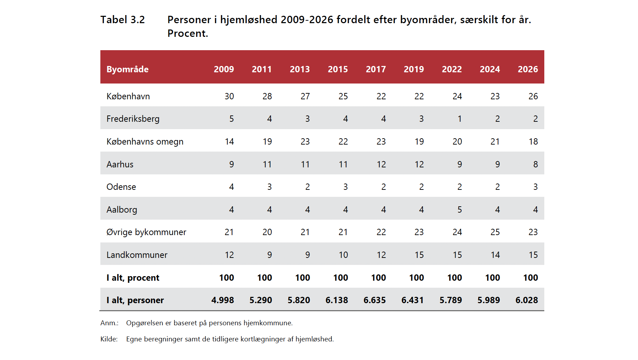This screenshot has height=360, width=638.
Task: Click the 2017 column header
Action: tap(376, 69)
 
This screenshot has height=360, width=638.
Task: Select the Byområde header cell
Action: tap(127, 69)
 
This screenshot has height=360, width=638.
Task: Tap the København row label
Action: tap(128, 96)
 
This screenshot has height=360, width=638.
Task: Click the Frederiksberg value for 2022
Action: tap(459, 119)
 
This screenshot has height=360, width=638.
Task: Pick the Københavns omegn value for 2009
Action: tap(229, 141)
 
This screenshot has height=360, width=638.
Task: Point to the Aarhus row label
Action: tap(120, 164)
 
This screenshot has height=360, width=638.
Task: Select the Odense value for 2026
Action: tap(536, 187)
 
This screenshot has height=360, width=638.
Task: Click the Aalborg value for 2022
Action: tap(459, 209)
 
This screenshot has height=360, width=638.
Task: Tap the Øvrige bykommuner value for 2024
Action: tap(495, 232)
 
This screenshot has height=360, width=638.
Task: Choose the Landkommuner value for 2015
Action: tap(343, 255)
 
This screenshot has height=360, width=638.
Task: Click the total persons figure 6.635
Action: tap(374, 300)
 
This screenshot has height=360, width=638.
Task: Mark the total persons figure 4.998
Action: tap(222, 300)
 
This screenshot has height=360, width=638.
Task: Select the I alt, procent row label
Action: tap(133, 278)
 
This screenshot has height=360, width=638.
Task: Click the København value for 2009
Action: tap(229, 96)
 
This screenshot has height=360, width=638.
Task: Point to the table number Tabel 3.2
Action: tap(122, 20)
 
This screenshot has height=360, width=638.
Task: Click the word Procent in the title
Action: tap(188, 33)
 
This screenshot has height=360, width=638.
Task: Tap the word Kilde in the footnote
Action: tap(109, 339)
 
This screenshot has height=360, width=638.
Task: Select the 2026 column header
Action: tap(528, 69)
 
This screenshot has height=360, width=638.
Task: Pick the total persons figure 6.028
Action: tap(527, 300)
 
